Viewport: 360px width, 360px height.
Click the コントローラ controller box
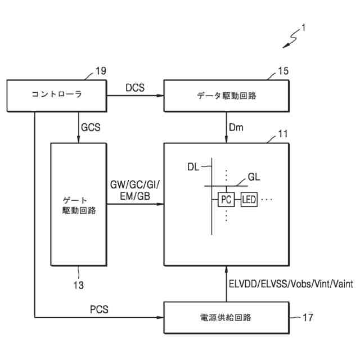coord(57,95)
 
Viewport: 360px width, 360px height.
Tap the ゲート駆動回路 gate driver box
coord(79,204)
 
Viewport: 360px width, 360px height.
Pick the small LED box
coord(249,200)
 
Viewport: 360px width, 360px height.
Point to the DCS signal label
coord(135,88)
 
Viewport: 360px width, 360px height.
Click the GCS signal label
coord(91,127)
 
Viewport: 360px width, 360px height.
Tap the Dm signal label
coord(236,128)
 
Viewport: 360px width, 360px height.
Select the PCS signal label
coord(100,310)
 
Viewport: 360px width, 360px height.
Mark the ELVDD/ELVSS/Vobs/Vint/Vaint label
coord(291,285)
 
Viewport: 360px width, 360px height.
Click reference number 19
coord(100,71)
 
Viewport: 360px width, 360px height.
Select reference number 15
coord(283,72)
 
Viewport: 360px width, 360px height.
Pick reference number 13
coord(78,285)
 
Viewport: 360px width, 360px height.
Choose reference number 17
coord(308,318)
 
